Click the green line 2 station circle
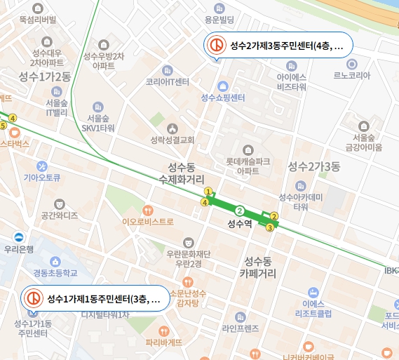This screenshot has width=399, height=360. tap(240, 211)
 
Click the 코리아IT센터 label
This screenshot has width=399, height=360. tap(168, 81)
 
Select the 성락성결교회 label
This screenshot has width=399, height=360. tap(172, 139)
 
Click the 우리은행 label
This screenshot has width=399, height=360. tap(19, 249)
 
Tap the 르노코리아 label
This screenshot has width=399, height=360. tap(351, 75)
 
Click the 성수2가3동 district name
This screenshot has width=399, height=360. tap(313, 166)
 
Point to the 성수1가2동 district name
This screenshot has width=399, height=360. tap(45, 76)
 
